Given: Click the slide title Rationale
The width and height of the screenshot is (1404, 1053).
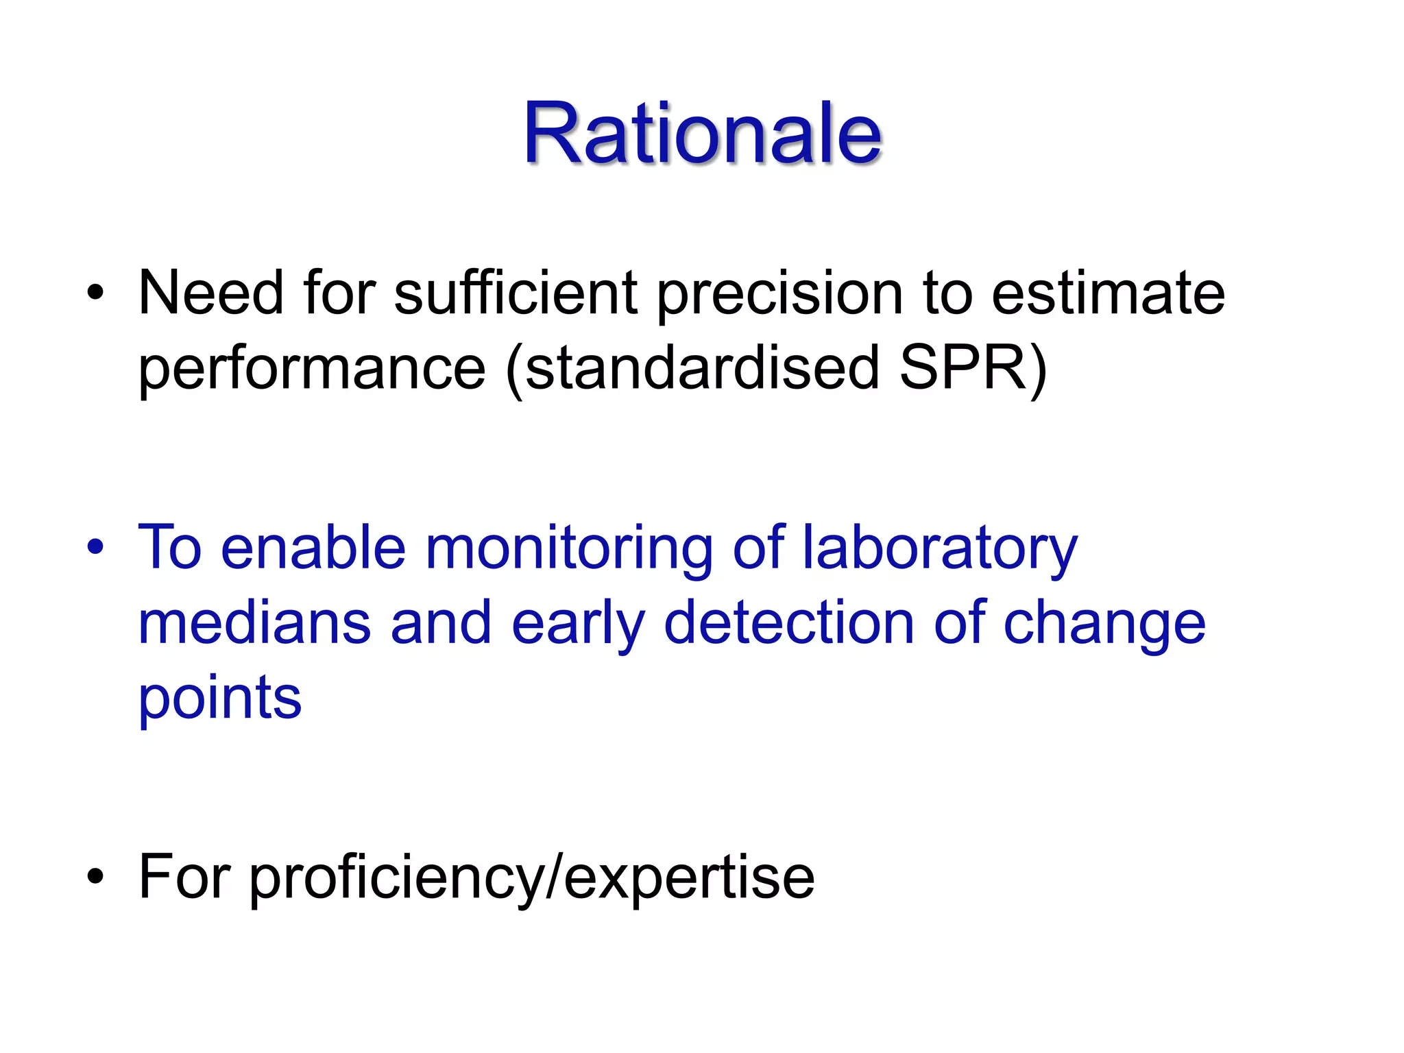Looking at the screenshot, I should [x=702, y=134].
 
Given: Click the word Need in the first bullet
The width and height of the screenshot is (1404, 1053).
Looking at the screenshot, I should [x=210, y=293].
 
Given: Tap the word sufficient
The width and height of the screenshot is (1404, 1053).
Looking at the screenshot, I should [x=516, y=293].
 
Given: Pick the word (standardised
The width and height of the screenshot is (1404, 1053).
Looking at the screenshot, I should [x=692, y=369].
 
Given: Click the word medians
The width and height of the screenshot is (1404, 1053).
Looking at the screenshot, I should [x=254, y=623].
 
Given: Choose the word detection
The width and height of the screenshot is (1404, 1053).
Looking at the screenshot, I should [x=789, y=623].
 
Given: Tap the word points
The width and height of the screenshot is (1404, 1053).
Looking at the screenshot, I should [x=220, y=700].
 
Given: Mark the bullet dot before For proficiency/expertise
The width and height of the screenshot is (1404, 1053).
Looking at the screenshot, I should [x=95, y=877].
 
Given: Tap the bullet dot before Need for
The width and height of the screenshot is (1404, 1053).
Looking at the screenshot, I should [x=95, y=293].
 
